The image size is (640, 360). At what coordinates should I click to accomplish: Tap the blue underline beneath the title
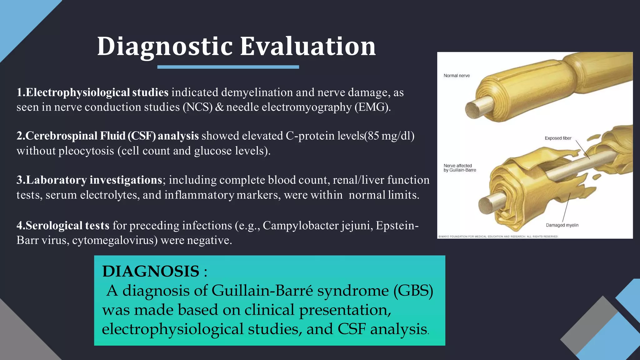(x=228, y=67)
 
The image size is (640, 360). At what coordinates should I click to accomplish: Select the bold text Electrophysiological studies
(x=92, y=92)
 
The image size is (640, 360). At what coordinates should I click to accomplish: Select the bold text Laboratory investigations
(x=89, y=180)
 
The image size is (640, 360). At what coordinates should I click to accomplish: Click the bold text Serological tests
(x=63, y=226)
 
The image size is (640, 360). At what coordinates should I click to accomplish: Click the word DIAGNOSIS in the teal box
(x=151, y=271)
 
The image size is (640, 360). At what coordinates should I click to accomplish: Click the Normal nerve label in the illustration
(x=457, y=76)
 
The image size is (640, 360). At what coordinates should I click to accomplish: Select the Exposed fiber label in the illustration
(x=558, y=138)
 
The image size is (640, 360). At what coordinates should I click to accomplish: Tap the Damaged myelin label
(x=562, y=225)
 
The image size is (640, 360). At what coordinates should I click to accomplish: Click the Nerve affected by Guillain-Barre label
(x=460, y=168)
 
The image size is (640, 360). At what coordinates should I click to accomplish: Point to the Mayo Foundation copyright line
(x=498, y=237)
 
